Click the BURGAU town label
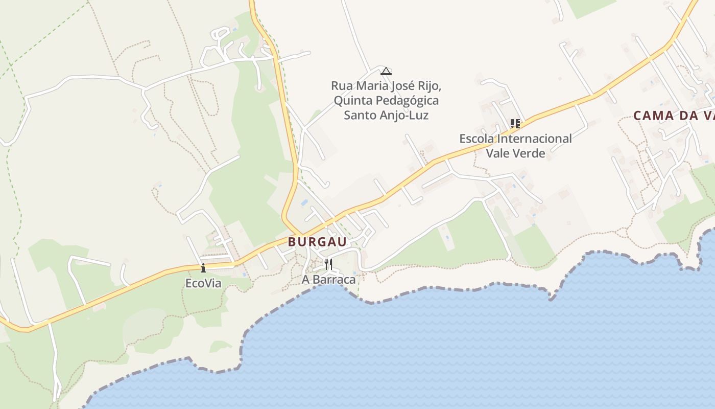point(317,242)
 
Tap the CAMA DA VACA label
point(674,116)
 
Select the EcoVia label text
point(203,283)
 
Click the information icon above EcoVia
point(203,268)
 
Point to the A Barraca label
point(328,280)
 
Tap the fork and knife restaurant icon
point(328,264)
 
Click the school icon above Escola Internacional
point(515,124)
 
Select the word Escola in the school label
point(478,139)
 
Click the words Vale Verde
point(515,153)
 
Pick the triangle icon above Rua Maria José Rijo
point(386,71)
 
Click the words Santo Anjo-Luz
point(386,115)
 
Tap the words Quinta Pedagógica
point(386,100)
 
